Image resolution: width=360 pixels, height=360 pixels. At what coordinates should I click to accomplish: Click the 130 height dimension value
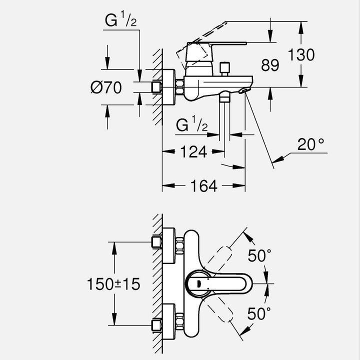301,54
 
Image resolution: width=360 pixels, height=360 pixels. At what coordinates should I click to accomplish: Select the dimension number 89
270,65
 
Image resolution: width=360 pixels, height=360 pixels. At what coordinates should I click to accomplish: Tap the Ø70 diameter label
106,88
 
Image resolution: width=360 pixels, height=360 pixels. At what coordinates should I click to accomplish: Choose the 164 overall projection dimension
203,186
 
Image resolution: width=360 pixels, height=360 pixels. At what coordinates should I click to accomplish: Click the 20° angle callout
311,145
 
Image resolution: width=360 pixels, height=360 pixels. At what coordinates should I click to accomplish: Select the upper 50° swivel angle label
260,256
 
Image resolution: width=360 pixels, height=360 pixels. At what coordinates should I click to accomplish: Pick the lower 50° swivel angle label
260,314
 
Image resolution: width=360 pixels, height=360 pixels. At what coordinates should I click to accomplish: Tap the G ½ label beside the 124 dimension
192,125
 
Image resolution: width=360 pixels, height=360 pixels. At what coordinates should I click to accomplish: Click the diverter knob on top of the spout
224,66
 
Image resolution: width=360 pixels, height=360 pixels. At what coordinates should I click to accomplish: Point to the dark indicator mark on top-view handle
198,284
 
